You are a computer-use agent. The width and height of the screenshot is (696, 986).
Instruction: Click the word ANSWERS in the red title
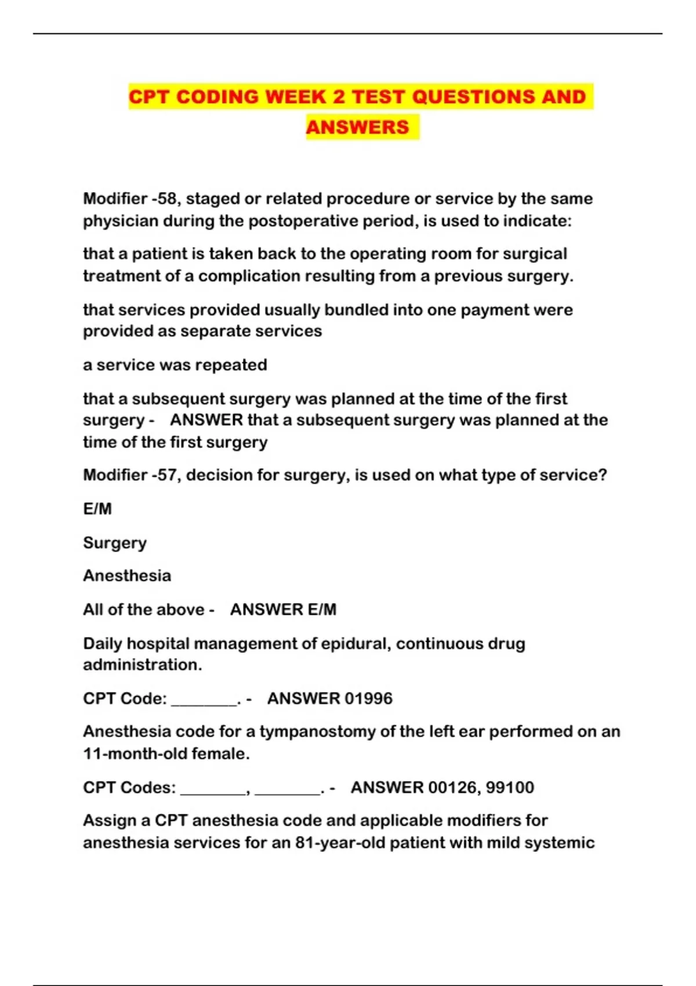(x=357, y=127)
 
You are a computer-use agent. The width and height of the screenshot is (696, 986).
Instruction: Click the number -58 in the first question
(x=164, y=199)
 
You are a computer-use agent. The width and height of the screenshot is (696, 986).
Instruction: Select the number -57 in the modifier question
(x=164, y=475)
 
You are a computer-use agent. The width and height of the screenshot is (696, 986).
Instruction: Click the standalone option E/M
(x=97, y=509)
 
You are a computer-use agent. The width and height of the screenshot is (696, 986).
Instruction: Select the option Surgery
(x=115, y=543)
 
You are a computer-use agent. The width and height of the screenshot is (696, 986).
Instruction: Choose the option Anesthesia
(x=127, y=576)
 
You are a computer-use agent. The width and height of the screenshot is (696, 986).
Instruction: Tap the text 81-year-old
(x=339, y=843)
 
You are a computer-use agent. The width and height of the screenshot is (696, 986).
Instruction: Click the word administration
(x=142, y=665)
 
